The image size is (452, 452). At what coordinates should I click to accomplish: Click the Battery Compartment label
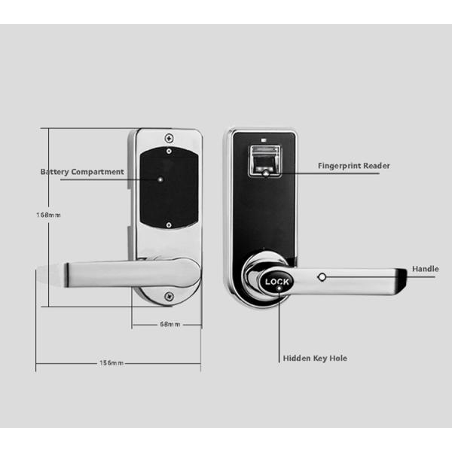[82, 172]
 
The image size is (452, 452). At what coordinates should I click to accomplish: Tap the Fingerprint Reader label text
[353, 166]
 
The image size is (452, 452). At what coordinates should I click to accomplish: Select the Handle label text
[425, 269]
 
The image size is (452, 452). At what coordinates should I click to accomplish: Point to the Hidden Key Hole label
[315, 359]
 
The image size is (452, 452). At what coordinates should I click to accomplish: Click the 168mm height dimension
[48, 215]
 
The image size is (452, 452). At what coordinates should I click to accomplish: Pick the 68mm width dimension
[170, 325]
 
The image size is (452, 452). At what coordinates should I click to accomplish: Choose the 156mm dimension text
[111, 363]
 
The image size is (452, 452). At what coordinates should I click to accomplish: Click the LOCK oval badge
[277, 283]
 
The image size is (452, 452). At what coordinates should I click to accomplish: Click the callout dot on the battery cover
[160, 180]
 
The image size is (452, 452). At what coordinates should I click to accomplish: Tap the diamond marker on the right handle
[322, 276]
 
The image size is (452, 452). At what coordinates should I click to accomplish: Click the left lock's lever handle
[113, 272]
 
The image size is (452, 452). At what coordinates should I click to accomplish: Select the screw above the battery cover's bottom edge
[170, 224]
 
